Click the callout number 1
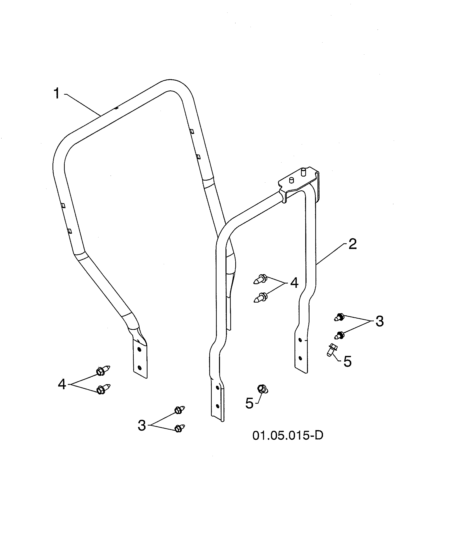click(57, 93)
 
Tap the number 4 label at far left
click(62, 384)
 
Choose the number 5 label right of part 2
click(347, 362)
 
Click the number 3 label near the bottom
click(142, 426)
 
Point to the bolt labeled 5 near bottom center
click(262, 389)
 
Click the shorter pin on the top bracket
click(291, 180)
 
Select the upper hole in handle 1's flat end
click(139, 349)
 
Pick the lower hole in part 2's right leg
click(300, 358)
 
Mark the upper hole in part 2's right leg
click(300, 340)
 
